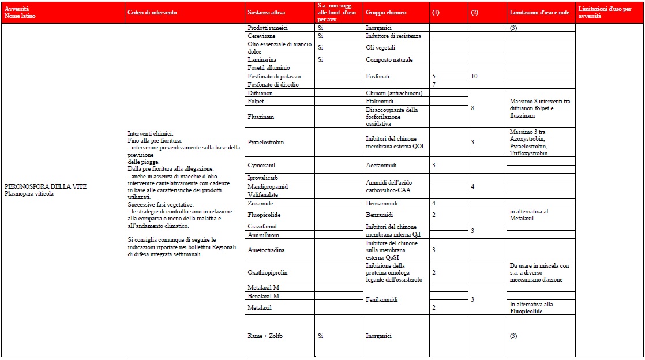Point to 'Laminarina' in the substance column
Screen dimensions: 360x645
[x=261, y=59]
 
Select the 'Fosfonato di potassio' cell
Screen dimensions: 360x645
[x=274, y=76]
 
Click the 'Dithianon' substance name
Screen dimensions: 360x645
[x=260, y=93]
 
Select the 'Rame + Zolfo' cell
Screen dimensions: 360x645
[x=265, y=336]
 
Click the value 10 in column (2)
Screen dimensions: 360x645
[x=474, y=76]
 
